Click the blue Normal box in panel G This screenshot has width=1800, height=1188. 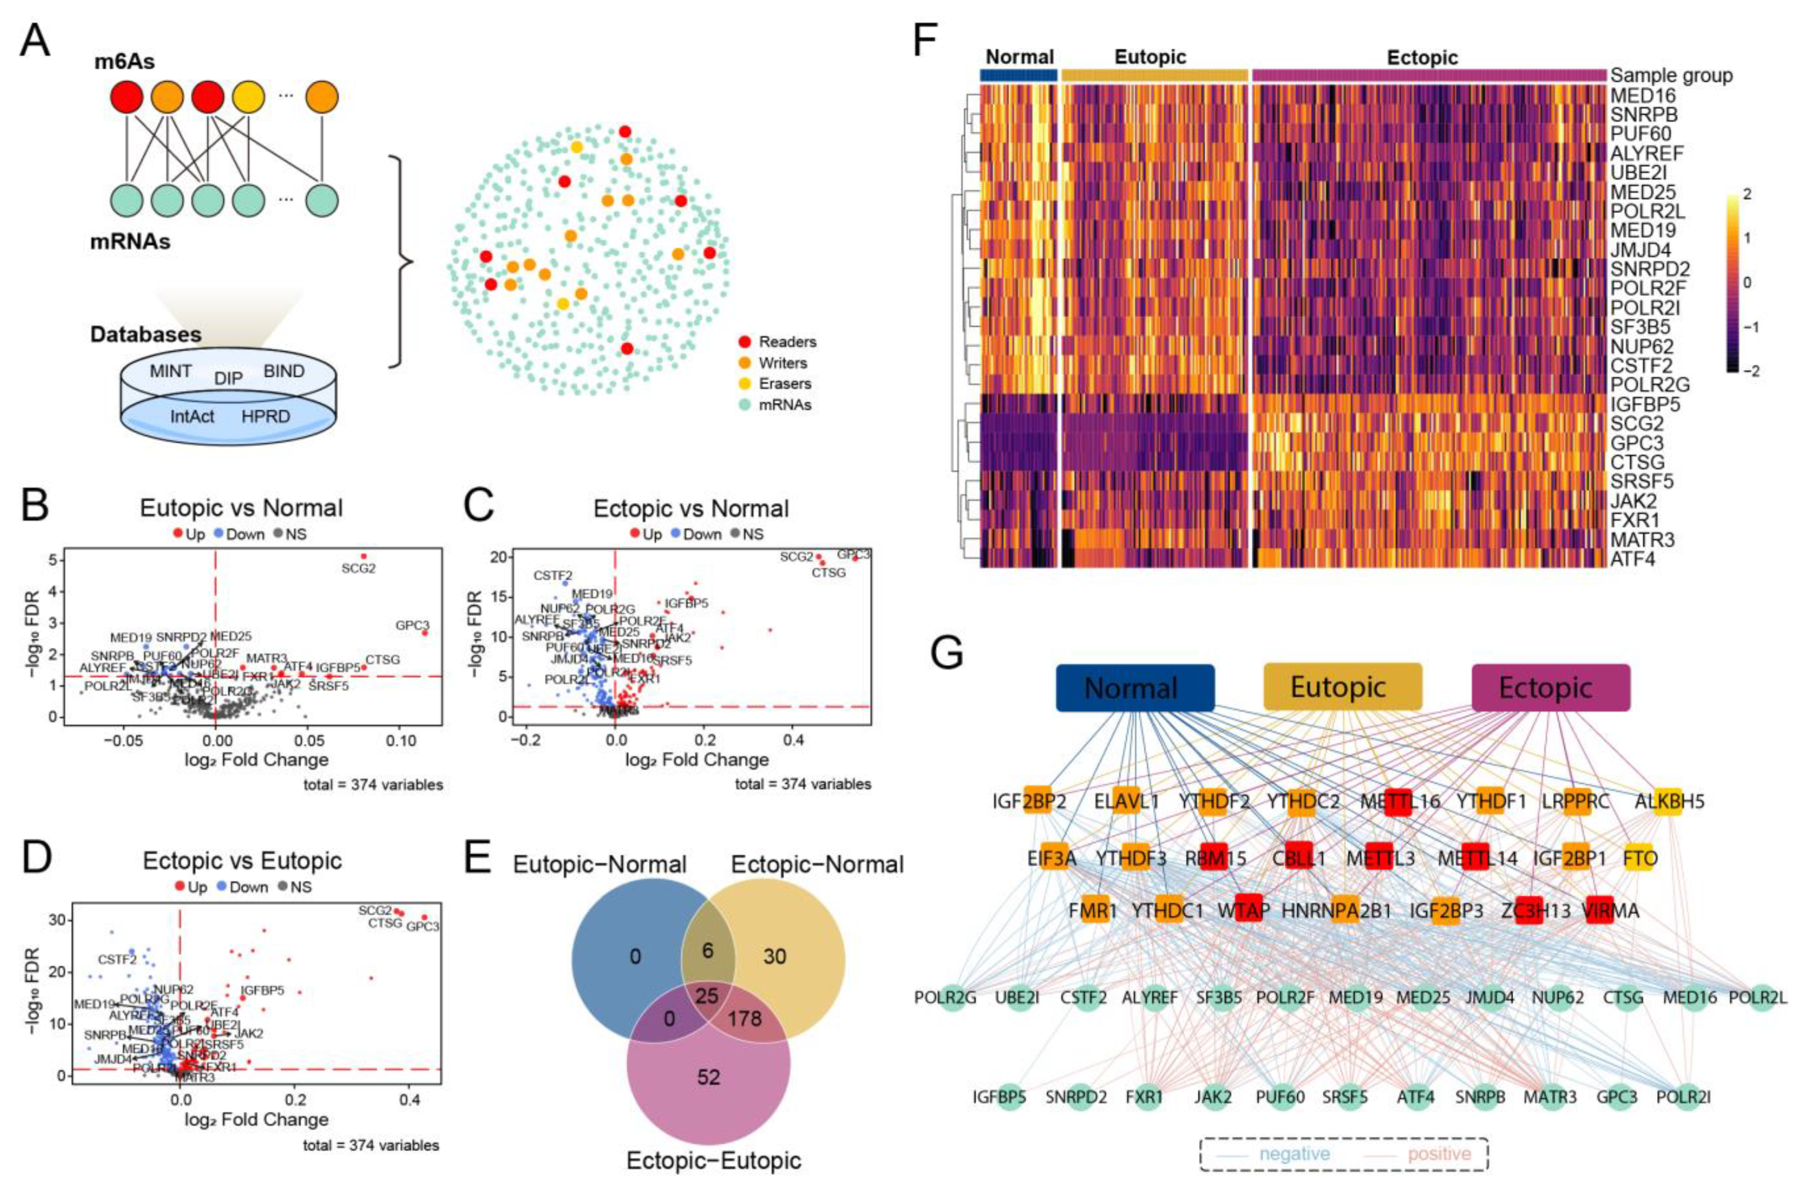pos(1134,688)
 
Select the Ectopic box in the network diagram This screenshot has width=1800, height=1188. pos(1550,688)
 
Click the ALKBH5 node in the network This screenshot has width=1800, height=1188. pos(1668,801)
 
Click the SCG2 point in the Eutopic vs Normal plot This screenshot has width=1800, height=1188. pos(364,556)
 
